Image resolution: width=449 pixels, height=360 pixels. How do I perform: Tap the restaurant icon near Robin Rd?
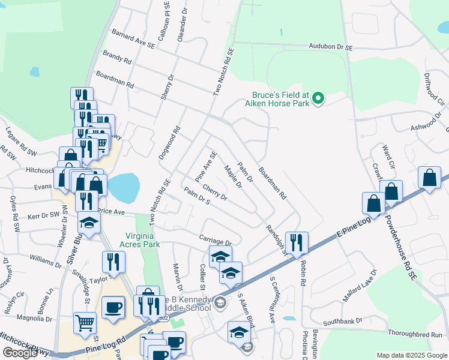click(x=297, y=242)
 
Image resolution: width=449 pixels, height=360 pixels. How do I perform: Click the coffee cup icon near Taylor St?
click(x=113, y=307)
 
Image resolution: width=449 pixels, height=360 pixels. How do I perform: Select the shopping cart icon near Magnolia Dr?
click(x=85, y=322)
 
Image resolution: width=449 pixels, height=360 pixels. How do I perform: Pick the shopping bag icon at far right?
click(x=429, y=178)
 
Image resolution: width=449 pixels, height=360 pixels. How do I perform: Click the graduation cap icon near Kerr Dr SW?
click(x=89, y=222)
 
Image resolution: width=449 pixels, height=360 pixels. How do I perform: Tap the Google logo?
click(x=20, y=353)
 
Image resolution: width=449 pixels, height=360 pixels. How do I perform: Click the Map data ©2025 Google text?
click(x=411, y=355)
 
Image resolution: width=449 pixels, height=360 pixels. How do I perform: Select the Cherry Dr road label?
click(x=215, y=193)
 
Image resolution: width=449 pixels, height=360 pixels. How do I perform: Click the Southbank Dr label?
click(x=343, y=321)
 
